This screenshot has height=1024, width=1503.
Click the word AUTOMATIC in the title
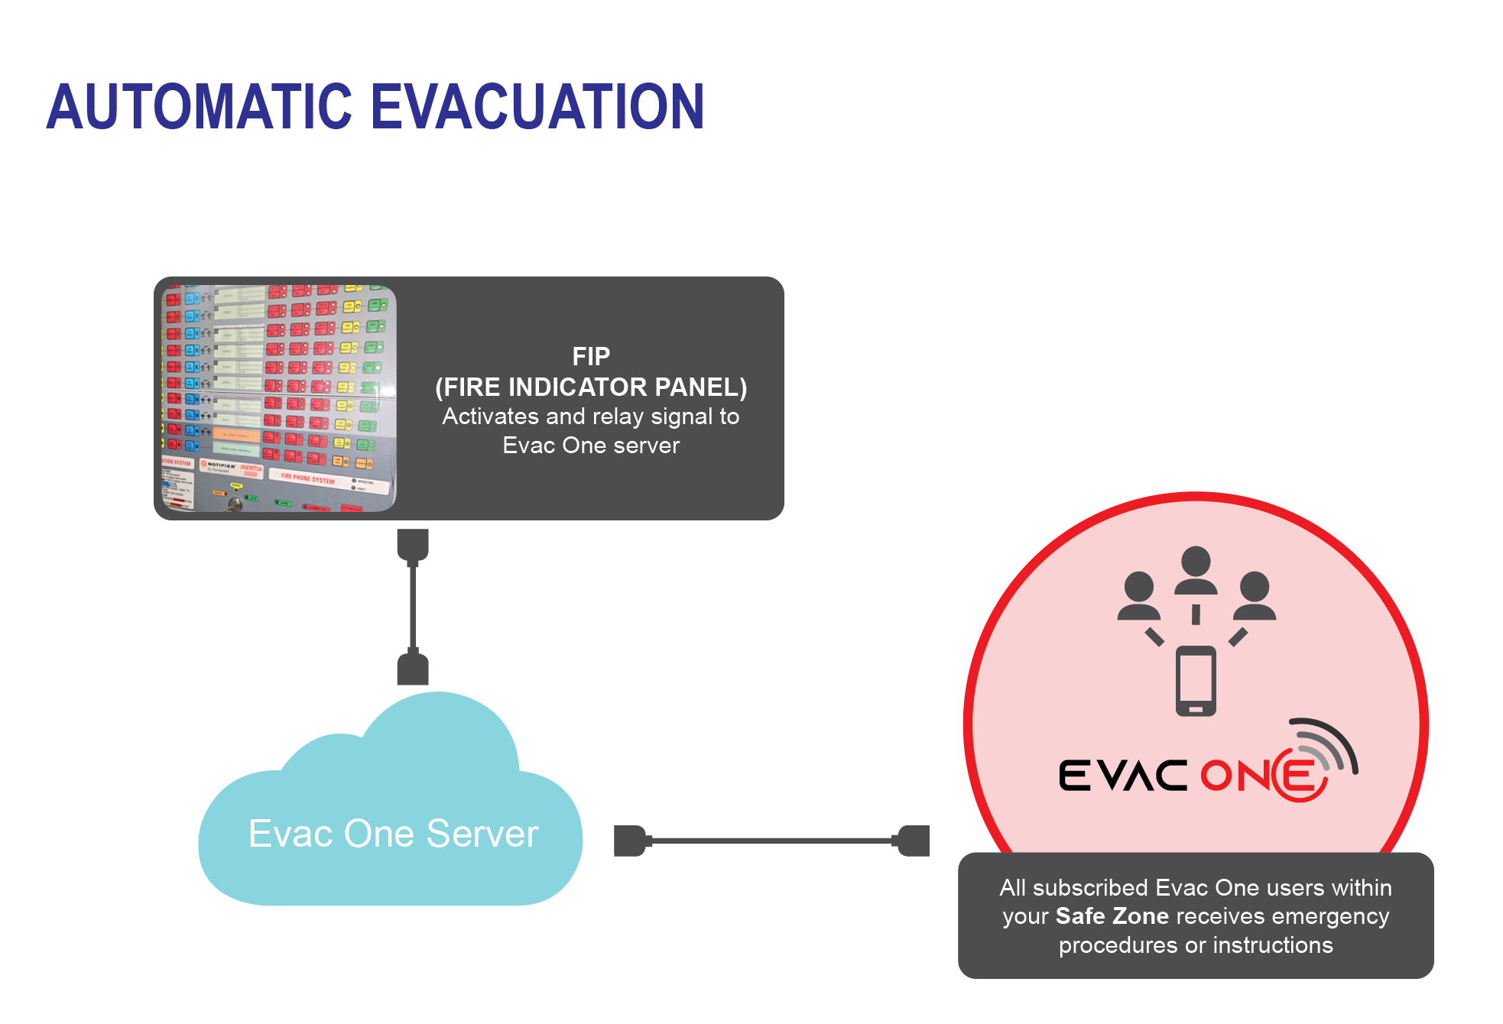pyautogui.click(x=200, y=106)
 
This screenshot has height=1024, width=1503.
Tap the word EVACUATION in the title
pyautogui.click(x=537, y=106)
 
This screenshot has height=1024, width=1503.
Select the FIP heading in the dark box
pyautogui.click(x=591, y=356)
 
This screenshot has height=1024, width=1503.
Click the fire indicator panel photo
pyautogui.click(x=278, y=398)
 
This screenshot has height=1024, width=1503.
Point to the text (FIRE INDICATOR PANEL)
pyautogui.click(x=591, y=387)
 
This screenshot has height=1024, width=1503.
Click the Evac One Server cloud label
pyautogui.click(x=393, y=833)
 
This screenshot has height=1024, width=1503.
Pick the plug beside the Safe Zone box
pyautogui.click(x=914, y=841)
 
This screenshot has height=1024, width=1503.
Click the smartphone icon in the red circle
pyautogui.click(x=1196, y=680)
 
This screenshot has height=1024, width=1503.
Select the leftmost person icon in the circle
pyautogui.click(x=1138, y=596)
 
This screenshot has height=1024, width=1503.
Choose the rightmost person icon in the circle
pyautogui.click(x=1254, y=596)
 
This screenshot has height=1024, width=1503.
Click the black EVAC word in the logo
pyautogui.click(x=1122, y=776)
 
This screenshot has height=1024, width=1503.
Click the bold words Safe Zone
pyautogui.click(x=1112, y=915)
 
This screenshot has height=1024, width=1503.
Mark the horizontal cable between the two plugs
pyautogui.click(x=772, y=841)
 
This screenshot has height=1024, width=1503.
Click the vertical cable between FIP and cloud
pyautogui.click(x=413, y=608)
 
